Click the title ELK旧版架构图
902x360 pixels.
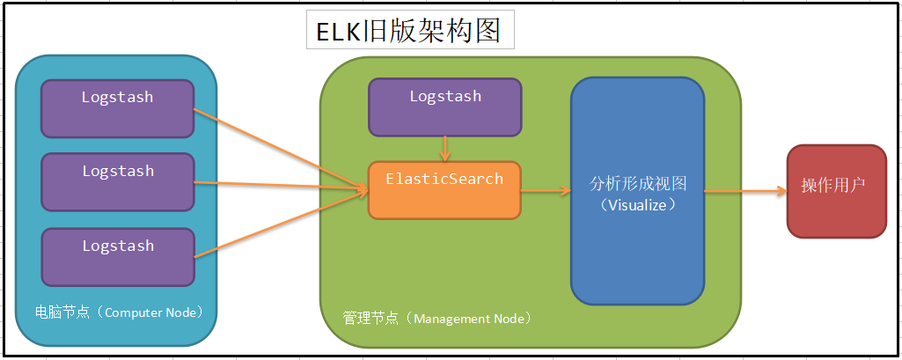[x=409, y=31]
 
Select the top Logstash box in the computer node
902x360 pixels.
[x=117, y=109]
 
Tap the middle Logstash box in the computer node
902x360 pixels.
[x=117, y=182]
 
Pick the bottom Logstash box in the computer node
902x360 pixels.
[x=117, y=257]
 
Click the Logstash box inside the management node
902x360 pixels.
[x=444, y=107]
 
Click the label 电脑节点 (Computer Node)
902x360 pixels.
[x=119, y=312]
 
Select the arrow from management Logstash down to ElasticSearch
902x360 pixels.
[x=446, y=148]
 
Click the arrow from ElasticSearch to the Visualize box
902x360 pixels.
[x=546, y=189]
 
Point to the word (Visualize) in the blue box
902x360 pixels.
[x=638, y=204]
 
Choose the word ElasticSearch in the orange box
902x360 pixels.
[x=444, y=179]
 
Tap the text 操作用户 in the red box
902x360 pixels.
[x=833, y=186]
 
